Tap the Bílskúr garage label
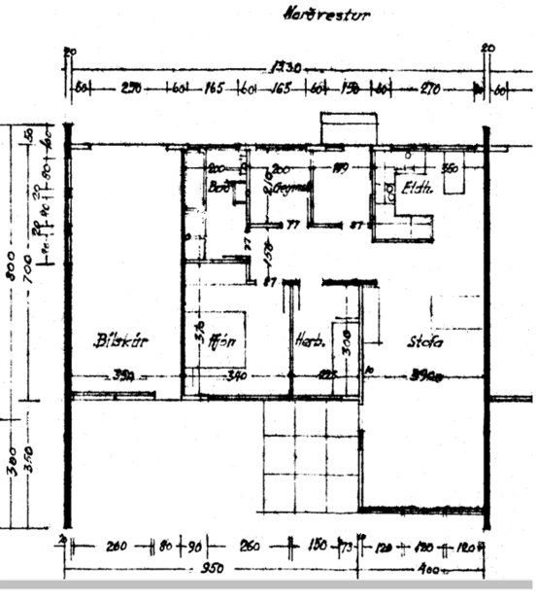pyautogui.click(x=115, y=341)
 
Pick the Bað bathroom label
pyautogui.click(x=218, y=187)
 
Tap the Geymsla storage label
pyautogui.click(x=291, y=184)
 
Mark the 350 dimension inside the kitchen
pyautogui.click(x=450, y=168)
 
